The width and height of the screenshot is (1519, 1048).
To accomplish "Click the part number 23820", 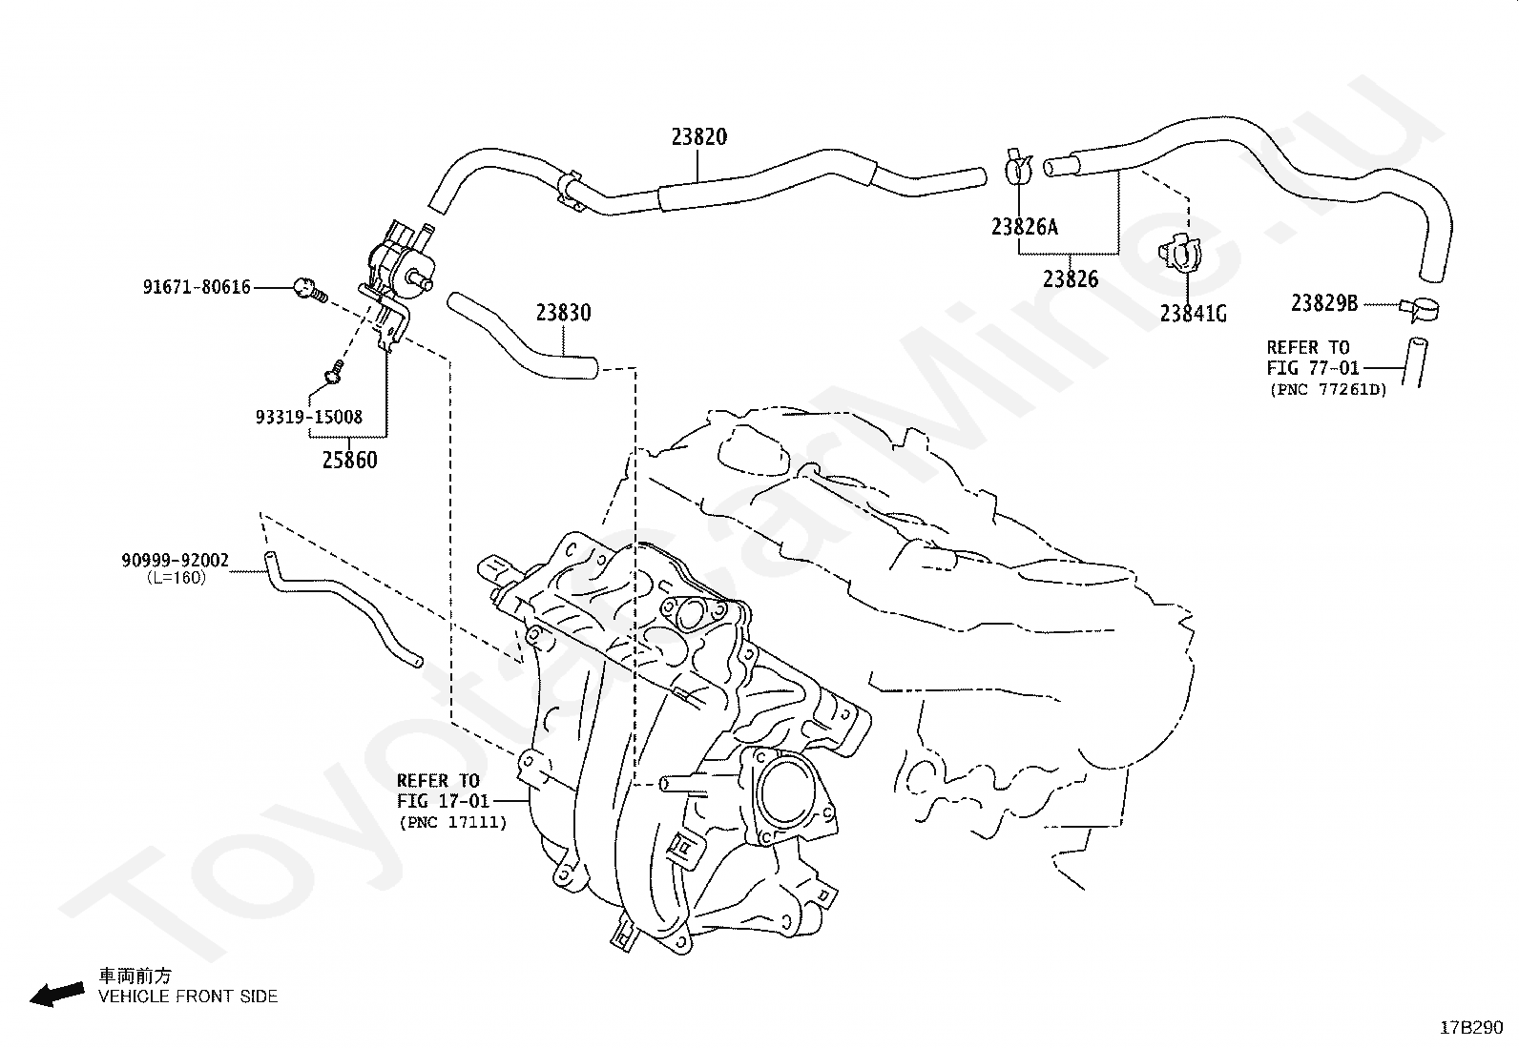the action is [699, 137].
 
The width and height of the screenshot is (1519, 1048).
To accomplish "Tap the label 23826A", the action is [1024, 226].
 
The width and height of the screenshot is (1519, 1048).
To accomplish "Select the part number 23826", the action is [1071, 278].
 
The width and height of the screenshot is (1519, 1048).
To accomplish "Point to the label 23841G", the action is [1193, 313].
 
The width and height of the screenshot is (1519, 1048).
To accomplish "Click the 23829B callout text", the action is [1324, 303].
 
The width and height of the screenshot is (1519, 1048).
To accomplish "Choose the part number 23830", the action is [564, 313].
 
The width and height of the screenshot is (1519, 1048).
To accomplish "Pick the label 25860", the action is [349, 461].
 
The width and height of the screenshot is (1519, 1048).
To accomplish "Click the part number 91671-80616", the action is [197, 287].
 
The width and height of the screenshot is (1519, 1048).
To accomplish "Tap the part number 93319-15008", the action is [308, 417].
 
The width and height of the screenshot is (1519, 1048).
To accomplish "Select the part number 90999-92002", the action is [175, 561].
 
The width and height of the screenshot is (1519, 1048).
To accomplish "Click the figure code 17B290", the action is [1471, 1028].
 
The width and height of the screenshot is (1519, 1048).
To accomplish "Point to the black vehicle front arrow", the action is [57, 995].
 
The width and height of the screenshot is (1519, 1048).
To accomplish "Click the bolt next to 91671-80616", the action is [310, 291].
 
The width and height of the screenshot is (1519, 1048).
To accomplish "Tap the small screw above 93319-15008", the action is [334, 372].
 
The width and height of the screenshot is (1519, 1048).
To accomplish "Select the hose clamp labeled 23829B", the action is [1420, 309].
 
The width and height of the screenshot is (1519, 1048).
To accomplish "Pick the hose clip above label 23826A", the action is [1018, 167].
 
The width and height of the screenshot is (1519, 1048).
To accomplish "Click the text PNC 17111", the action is [453, 822].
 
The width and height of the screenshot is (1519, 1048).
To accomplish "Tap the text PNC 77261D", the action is [1328, 390].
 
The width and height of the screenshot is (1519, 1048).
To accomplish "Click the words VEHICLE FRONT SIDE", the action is [188, 997].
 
